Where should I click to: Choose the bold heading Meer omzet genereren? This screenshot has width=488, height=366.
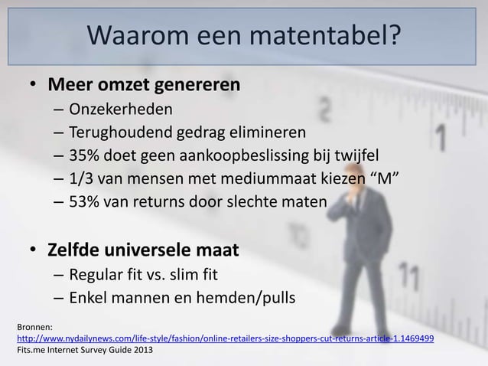click(x=145, y=82)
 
